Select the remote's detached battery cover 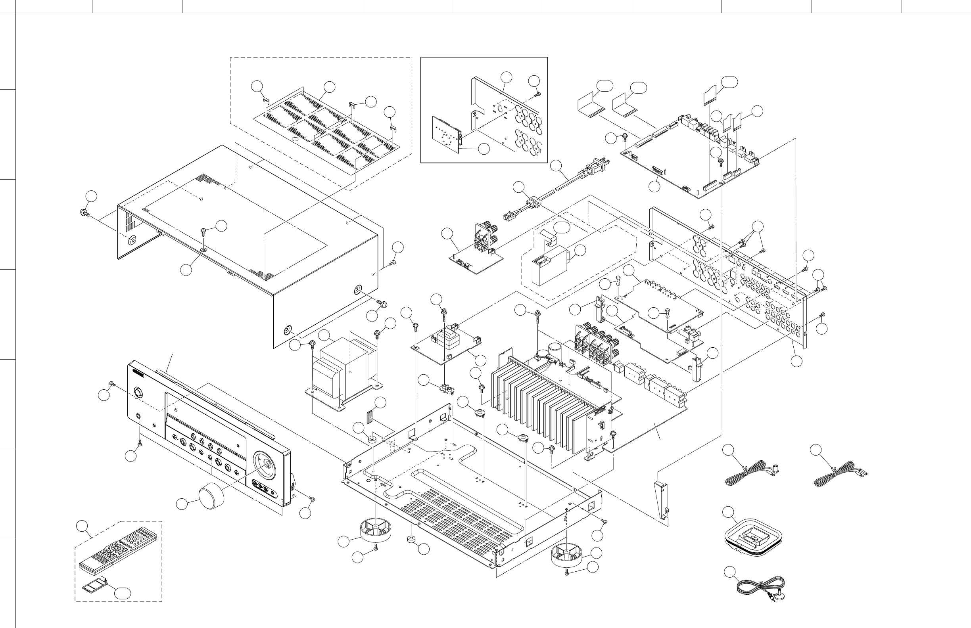95,586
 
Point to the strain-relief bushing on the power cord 532,202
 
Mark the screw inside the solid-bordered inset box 538,94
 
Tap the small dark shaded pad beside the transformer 370,416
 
